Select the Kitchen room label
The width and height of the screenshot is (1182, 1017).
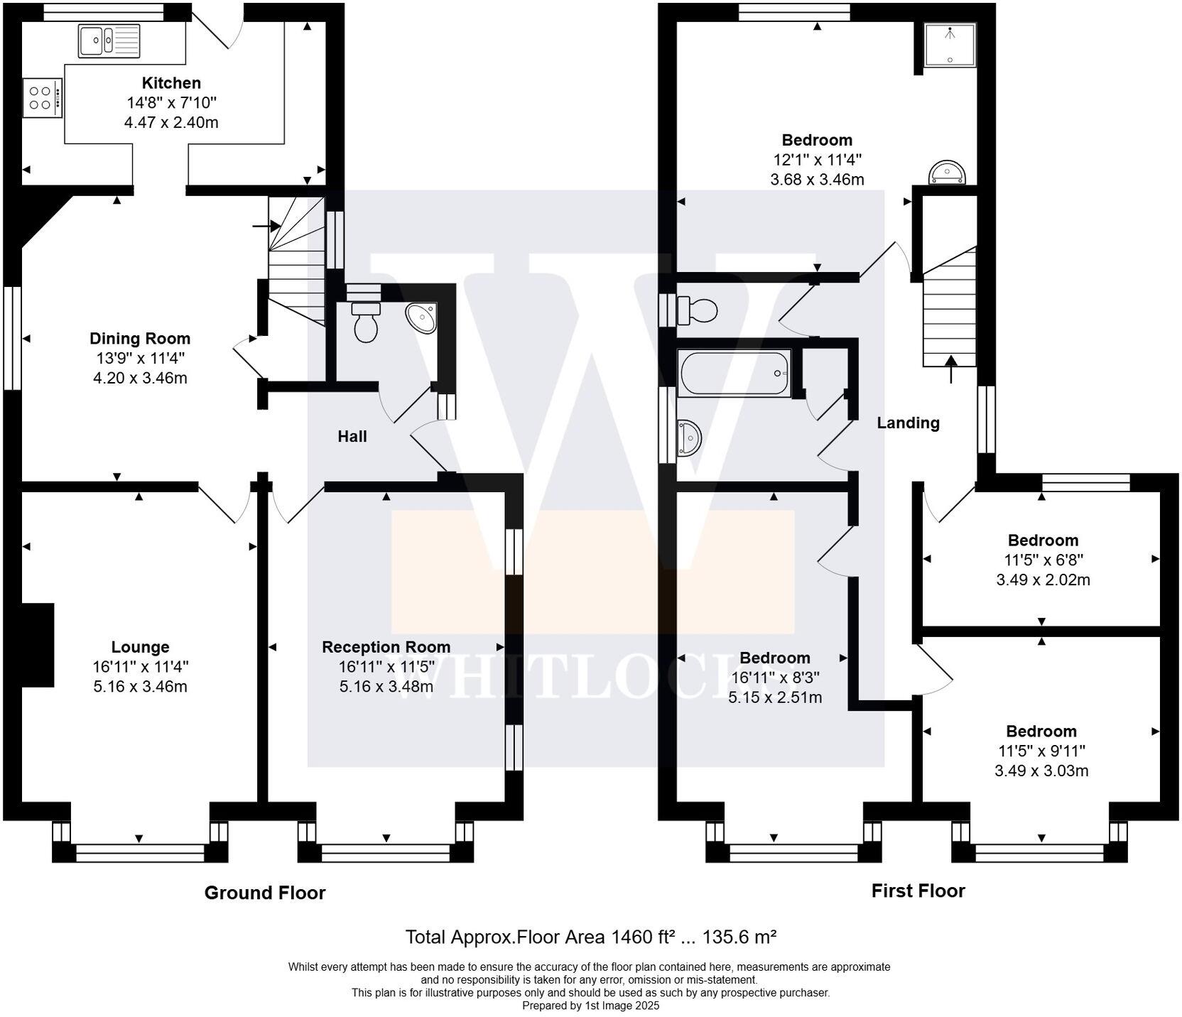coord(171,83)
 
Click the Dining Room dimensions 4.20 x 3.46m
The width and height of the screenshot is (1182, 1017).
coord(140,378)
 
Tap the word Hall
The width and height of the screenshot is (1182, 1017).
coord(352,436)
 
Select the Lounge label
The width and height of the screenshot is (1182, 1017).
coord(140,647)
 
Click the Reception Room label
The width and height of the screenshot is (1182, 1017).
coord(386,647)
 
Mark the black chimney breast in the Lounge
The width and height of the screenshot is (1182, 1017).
coord(38,645)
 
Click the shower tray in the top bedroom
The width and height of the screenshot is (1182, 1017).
coord(950,44)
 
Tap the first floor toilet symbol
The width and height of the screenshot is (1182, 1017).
coord(698,310)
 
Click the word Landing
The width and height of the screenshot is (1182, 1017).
coord(908,423)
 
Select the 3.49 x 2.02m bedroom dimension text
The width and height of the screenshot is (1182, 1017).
coord(1042,580)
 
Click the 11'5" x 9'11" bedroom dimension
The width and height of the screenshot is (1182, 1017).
coord(1041,751)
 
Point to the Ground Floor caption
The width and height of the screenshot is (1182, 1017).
coord(264,893)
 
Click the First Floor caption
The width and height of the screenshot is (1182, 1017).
coord(918,891)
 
